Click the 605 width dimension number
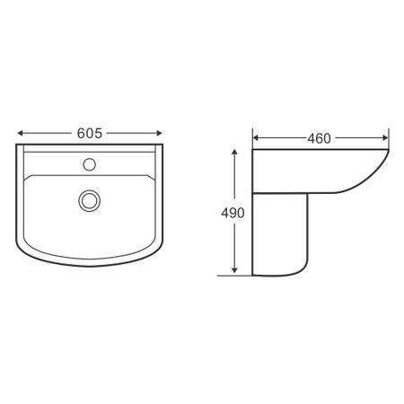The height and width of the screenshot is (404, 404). click(x=88, y=132)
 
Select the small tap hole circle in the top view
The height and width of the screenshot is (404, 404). click(x=89, y=164)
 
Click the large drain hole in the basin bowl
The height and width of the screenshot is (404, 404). click(x=89, y=199)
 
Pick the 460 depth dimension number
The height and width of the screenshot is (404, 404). click(x=320, y=138)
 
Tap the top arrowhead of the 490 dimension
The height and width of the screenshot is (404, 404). click(x=234, y=154)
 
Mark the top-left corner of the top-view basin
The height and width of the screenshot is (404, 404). click(x=18, y=146)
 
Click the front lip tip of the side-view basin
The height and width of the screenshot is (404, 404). click(x=388, y=153)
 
